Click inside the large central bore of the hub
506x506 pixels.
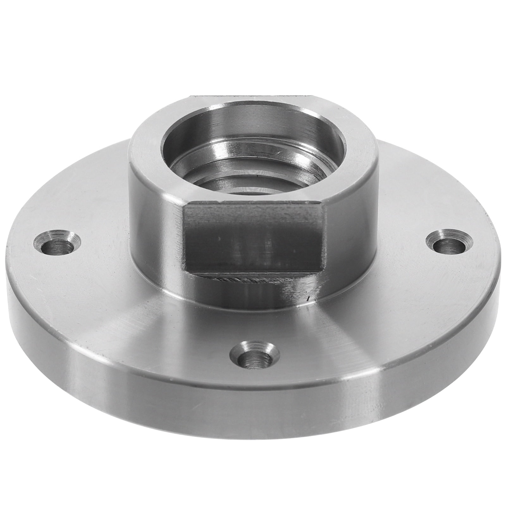[253, 149]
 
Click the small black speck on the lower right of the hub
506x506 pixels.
[308, 298]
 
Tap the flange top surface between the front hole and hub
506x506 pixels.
[253, 319]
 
